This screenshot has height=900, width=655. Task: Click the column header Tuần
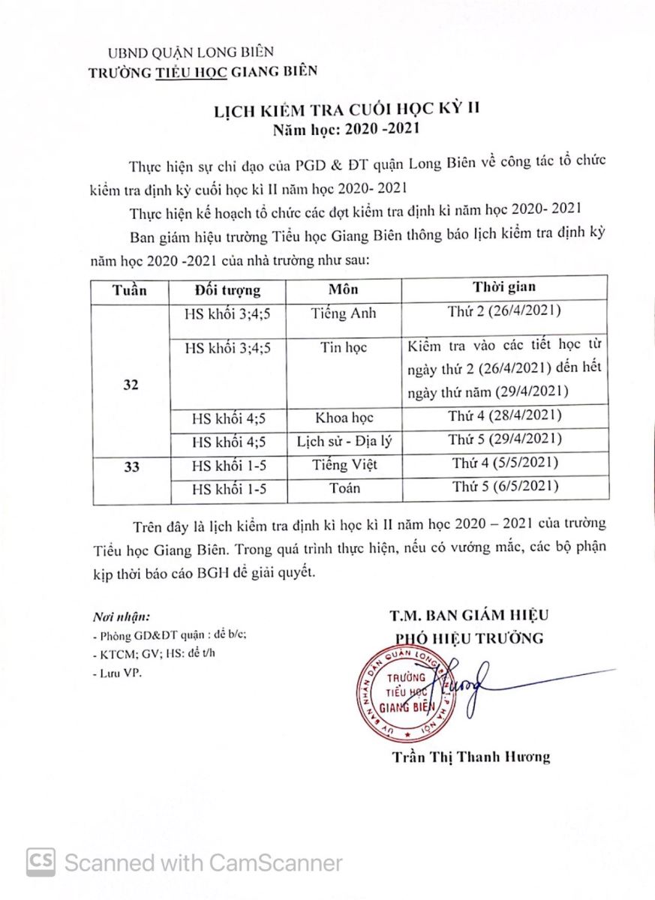click(129, 289)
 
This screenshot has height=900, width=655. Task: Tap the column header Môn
click(344, 289)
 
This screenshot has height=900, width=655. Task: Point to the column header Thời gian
click(503, 287)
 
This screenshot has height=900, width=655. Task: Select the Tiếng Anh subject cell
click(344, 313)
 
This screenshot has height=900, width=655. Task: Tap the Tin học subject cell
click(344, 348)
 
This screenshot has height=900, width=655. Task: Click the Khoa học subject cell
click(344, 417)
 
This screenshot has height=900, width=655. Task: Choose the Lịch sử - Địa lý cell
click(344, 441)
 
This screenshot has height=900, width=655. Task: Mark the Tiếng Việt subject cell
click(344, 465)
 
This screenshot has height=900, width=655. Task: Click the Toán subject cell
click(344, 488)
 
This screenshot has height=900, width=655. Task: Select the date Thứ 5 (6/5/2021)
click(503, 487)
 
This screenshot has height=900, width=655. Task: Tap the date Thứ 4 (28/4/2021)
click(503, 415)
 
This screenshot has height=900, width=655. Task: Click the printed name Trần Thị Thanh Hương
click(470, 757)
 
